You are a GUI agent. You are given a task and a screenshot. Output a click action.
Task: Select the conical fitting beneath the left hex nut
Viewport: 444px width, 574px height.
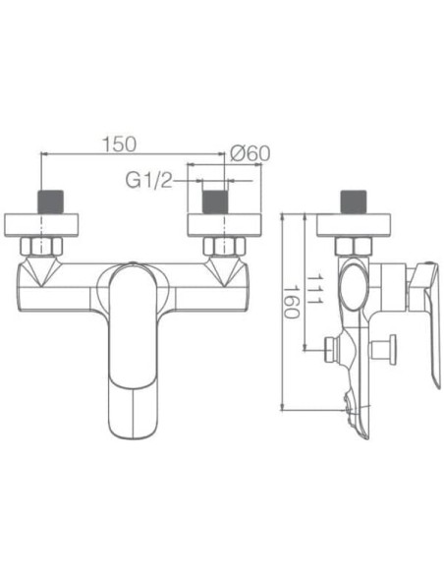point(39,269)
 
